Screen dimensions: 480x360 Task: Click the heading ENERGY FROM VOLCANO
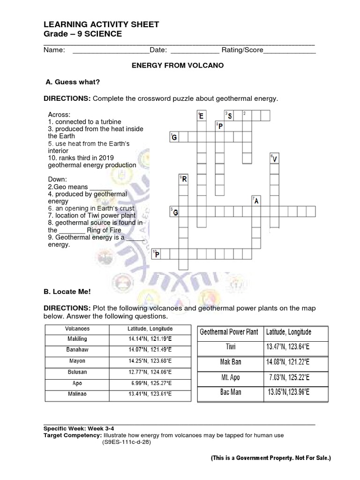(177, 66)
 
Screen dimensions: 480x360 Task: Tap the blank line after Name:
(111, 51)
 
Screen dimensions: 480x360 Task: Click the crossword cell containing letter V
(275, 159)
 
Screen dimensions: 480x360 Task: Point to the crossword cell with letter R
(184, 179)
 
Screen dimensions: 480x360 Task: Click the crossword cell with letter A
(256, 201)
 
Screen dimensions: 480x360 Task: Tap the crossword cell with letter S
(229, 115)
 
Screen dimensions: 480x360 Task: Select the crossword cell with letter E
(201, 115)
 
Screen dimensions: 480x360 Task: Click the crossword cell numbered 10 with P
(157, 255)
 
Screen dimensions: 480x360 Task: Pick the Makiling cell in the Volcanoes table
(77, 339)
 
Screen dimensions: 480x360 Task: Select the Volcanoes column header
(77, 329)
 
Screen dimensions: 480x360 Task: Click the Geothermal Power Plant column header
(229, 332)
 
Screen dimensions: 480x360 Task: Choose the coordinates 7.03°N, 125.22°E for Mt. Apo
(289, 377)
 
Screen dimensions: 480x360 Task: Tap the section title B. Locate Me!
(67, 292)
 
